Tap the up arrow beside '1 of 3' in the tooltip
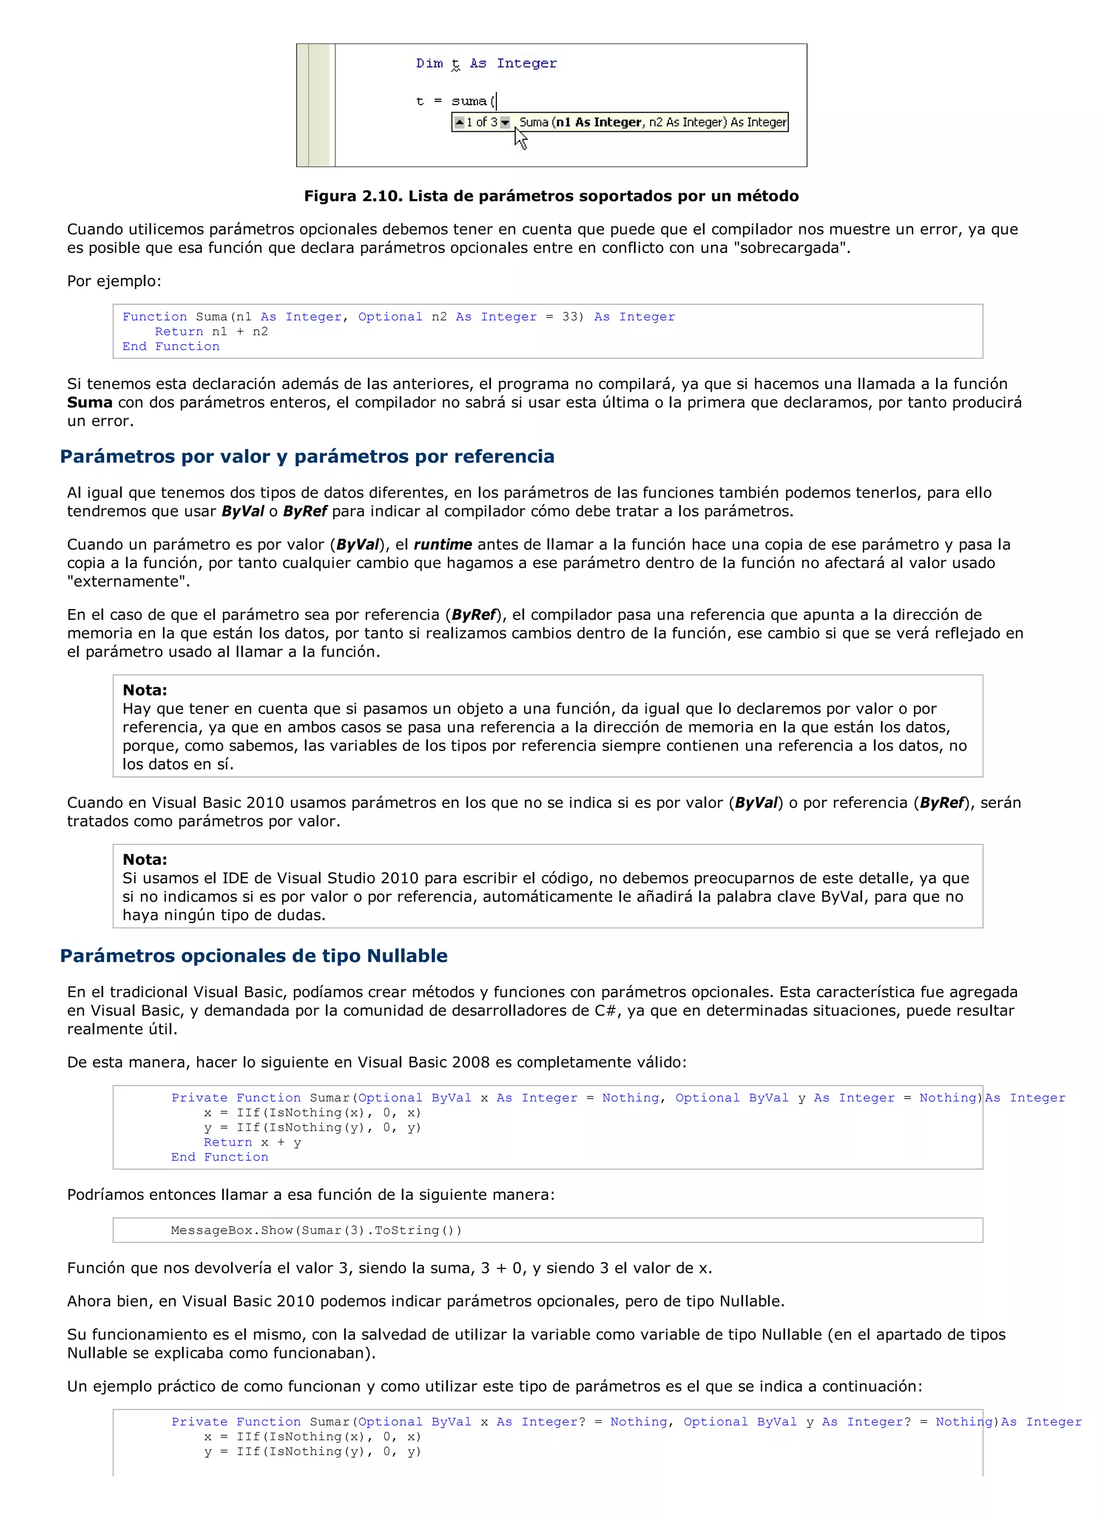[459, 122]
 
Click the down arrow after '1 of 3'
[505, 122]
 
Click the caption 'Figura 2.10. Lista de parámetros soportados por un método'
[551, 196]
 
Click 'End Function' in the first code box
[171, 346]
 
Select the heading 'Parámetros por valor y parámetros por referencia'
[307, 456]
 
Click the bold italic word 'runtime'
[442, 544]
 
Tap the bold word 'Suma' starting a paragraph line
[90, 402]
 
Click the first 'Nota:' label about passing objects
[145, 690]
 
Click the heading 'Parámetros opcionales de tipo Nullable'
[253, 956]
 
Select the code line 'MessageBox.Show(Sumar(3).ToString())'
[316, 1230]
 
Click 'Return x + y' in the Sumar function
[253, 1142]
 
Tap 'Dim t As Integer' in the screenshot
[486, 63]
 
